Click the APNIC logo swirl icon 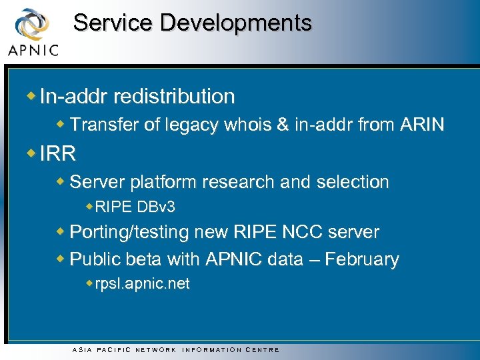(31, 24)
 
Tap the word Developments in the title (236, 23)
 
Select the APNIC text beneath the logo (33, 49)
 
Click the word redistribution (174, 97)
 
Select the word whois (238, 125)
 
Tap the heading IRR (58, 155)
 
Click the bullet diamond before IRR (32, 153)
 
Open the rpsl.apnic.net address (142, 284)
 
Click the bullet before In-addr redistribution (32, 96)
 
